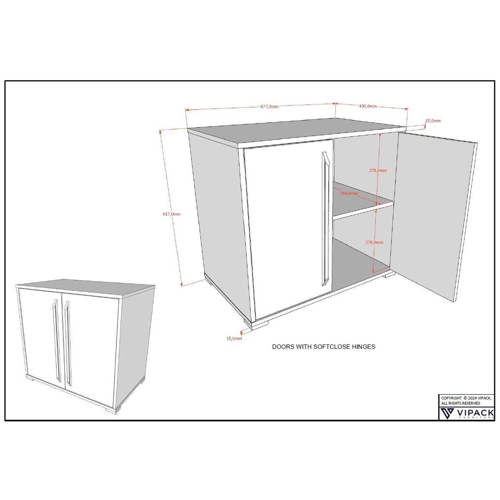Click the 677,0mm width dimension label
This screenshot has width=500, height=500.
pos(270,106)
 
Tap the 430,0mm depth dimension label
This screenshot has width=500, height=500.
pos(367,106)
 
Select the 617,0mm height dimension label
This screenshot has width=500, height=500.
pos(172,214)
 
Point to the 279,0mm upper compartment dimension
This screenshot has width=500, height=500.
pos(378,170)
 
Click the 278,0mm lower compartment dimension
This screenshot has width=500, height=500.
pos(374,242)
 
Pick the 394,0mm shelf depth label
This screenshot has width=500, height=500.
pos(349,193)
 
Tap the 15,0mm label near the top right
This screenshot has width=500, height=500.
pos(433,121)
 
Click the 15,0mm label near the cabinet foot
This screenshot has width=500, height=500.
pos(234,338)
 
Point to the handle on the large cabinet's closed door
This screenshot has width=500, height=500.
pos(325,219)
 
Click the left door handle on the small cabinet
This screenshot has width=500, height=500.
pos(57,340)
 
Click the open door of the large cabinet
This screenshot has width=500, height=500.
pos(433,217)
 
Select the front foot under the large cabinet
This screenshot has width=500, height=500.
pos(256,325)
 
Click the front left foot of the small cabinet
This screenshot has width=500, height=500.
pos(33,379)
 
